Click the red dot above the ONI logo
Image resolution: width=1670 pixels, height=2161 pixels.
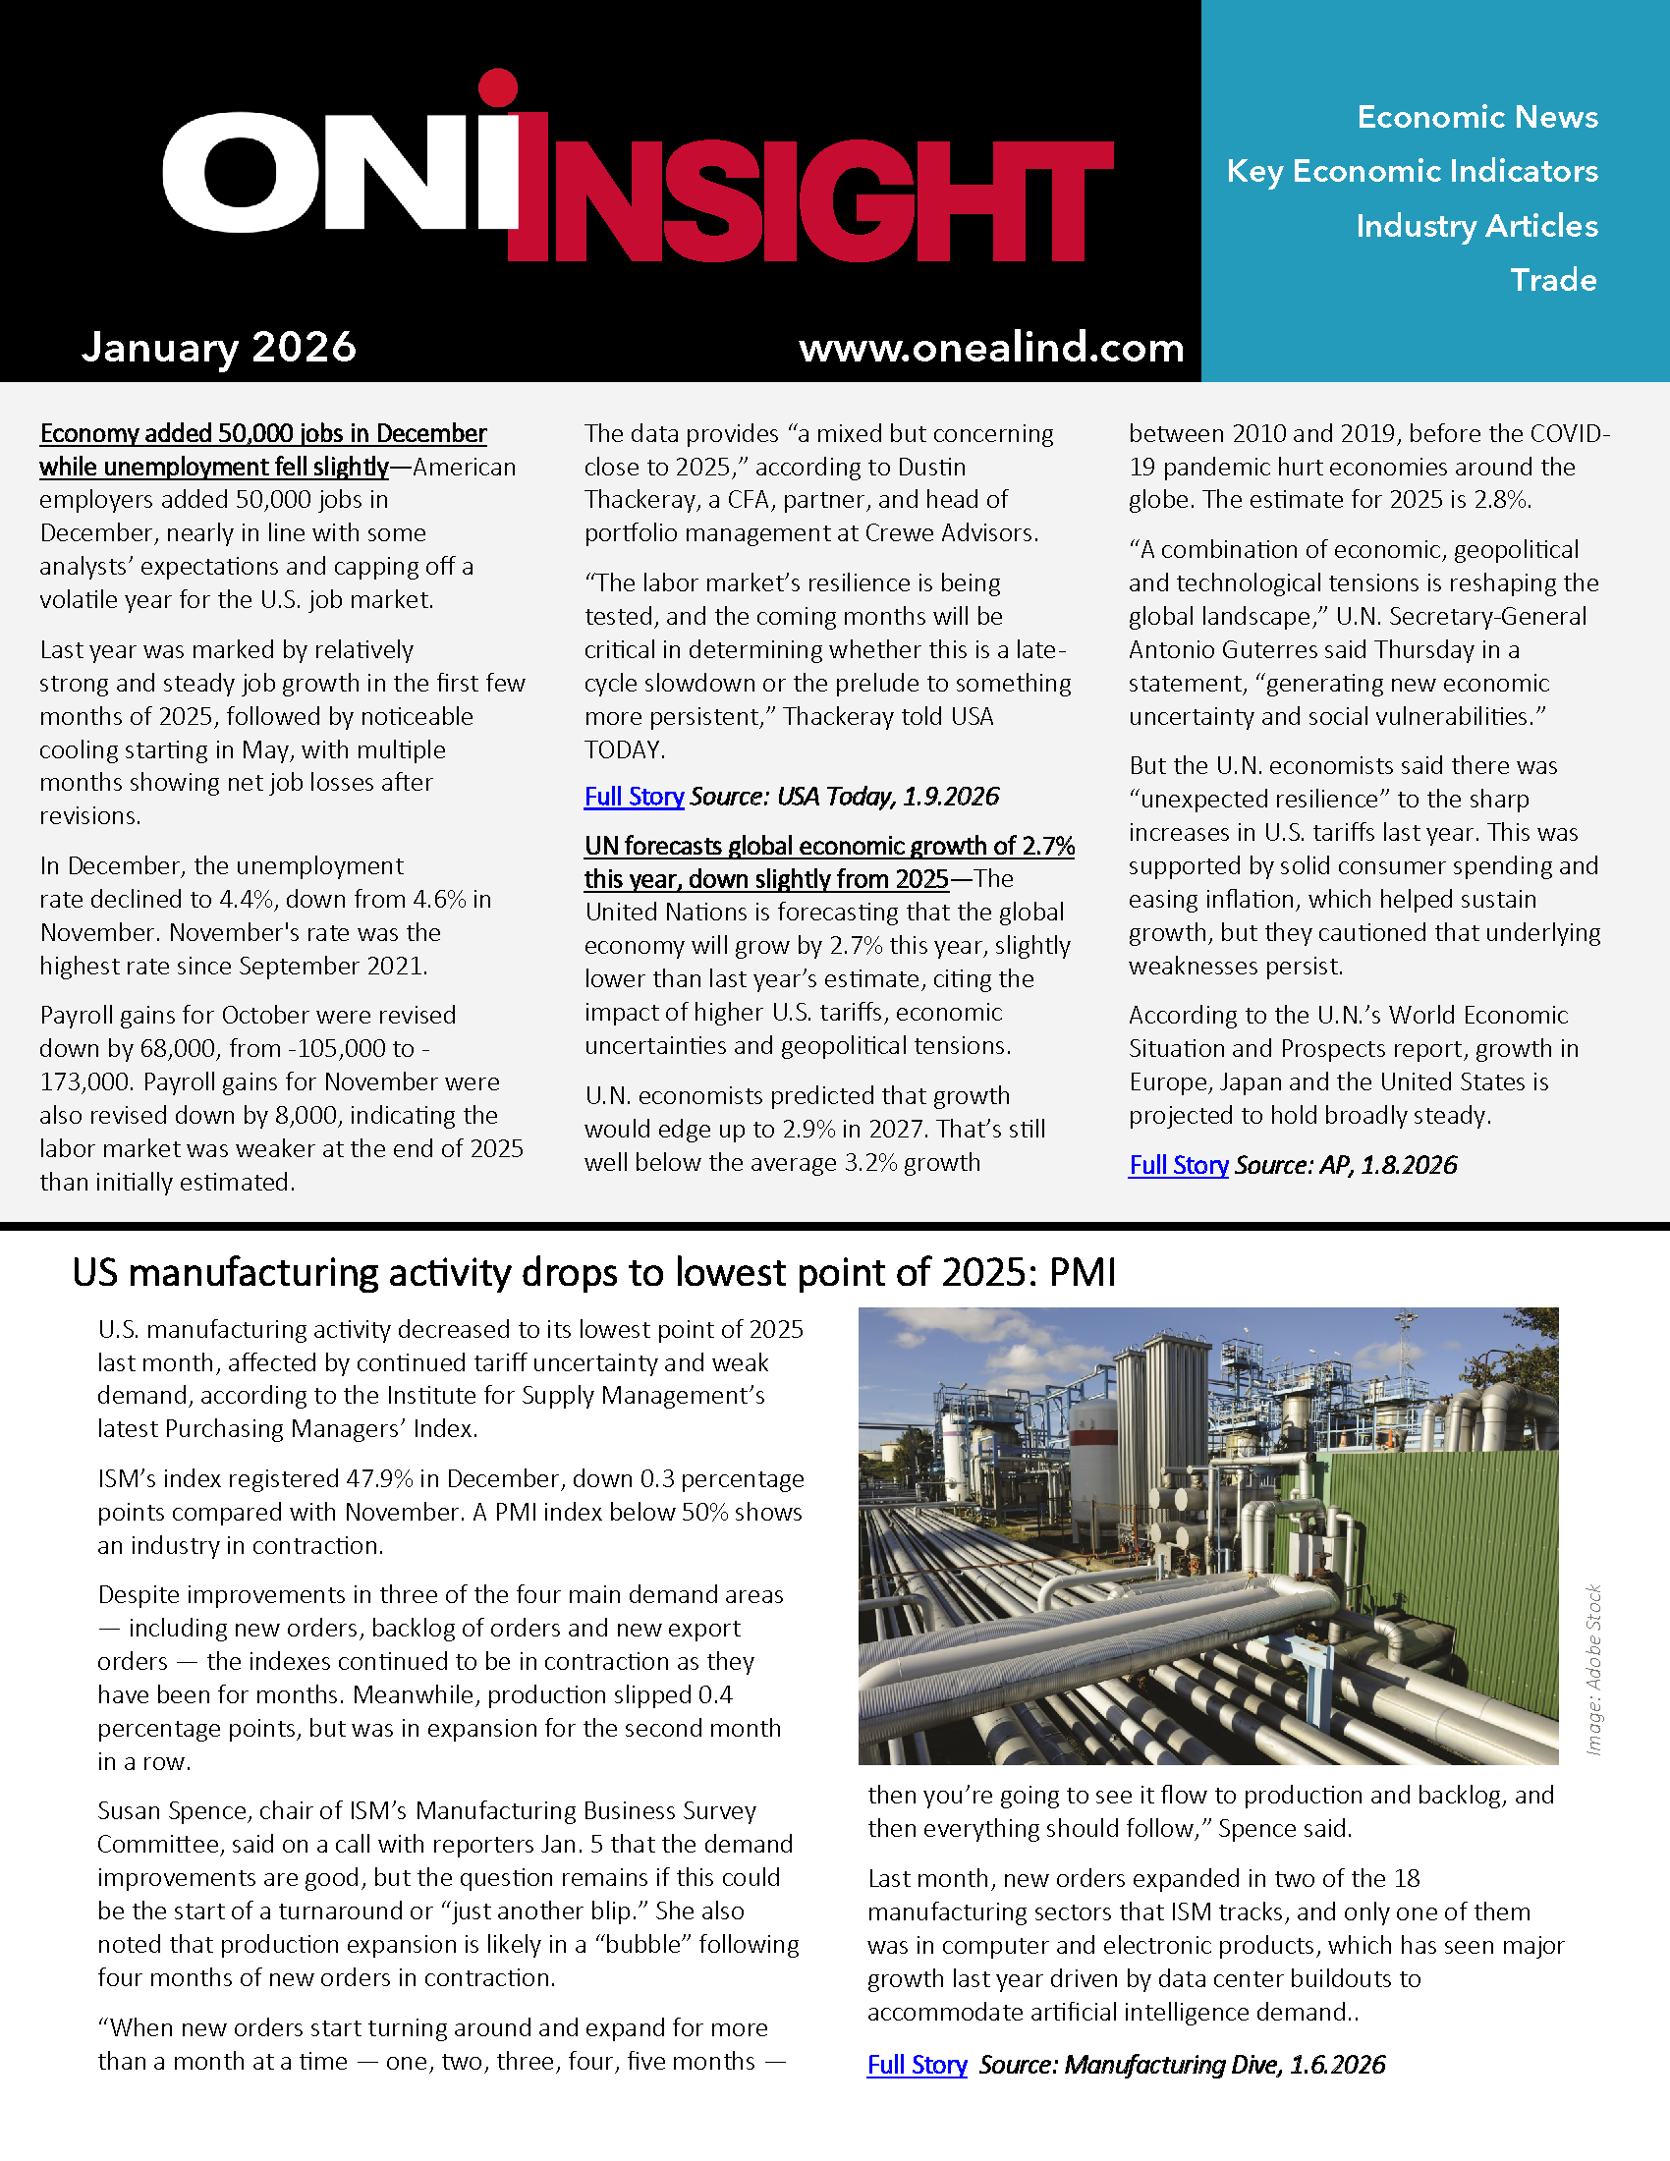point(498,87)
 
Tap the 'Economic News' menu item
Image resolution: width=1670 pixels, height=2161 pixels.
point(1477,117)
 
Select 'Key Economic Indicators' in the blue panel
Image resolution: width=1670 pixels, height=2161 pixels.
point(1412,171)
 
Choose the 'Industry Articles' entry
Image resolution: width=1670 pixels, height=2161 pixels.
point(1476,226)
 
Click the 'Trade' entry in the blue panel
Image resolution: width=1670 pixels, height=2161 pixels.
point(1552,280)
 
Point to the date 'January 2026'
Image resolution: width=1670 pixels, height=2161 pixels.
point(219,348)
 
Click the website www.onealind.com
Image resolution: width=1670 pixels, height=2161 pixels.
point(991,348)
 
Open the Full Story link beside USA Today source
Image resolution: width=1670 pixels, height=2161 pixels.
point(635,797)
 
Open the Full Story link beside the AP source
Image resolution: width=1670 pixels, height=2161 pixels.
point(1178,1165)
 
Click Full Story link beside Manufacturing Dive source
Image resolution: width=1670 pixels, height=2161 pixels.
point(918,2064)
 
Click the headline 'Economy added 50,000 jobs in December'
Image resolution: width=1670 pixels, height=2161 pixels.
point(263,434)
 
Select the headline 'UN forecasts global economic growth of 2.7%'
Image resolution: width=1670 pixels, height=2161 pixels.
point(829,846)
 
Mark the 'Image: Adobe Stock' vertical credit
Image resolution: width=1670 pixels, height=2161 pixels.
point(1592,1670)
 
